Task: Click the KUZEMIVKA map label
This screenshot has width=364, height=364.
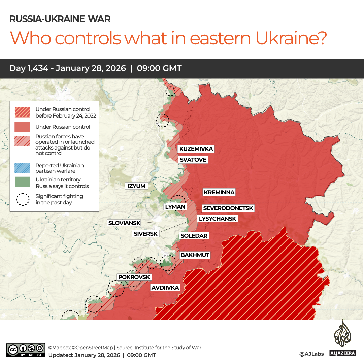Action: [x=196, y=149]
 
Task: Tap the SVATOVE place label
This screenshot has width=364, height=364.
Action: [x=193, y=160]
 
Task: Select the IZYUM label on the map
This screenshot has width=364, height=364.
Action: [x=136, y=186]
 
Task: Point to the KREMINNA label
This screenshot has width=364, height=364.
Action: [x=219, y=192]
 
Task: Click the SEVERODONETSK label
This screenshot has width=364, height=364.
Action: [x=228, y=208]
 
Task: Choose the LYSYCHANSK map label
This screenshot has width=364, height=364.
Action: [x=218, y=219]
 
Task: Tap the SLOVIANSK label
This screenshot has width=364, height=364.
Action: [x=124, y=223]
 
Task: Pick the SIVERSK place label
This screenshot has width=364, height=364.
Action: [x=145, y=234]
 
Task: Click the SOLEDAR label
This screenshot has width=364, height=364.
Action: [x=194, y=236]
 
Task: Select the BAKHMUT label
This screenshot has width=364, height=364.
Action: [x=195, y=255]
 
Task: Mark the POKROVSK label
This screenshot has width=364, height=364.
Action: [x=134, y=277]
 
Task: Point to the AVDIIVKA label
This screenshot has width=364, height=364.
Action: [x=165, y=288]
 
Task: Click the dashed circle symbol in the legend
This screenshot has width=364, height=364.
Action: [x=23, y=199]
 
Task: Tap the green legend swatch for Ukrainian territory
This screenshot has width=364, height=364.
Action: [x=23, y=182]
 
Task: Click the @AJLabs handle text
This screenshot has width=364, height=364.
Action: [x=311, y=354]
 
